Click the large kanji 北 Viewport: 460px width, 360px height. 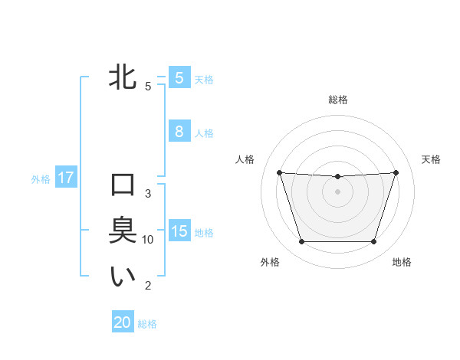pos(123,78)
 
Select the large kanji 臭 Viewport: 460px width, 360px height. pos(123,231)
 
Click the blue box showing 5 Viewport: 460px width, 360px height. pos(179,78)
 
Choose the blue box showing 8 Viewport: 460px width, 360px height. pos(179,132)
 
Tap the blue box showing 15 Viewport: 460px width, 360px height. pos(179,231)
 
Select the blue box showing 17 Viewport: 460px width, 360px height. pos(65,178)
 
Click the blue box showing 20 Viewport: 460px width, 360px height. pos(123,322)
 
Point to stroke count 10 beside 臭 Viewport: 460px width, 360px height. pos(148,240)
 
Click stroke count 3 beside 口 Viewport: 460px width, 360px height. pos(148,194)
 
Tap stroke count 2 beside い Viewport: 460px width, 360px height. pos(148,286)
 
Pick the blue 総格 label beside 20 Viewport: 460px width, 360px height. pos(147,324)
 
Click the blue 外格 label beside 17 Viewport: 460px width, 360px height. pos(41,179)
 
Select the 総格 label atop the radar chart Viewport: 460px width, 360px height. pos(337,100)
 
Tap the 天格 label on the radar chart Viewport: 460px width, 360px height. pos(432,159)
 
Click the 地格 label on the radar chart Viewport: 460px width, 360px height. pos(402,262)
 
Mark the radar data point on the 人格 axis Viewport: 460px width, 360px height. pos(279,172)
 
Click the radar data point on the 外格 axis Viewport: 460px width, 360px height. pos(301,242)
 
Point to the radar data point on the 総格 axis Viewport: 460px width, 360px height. pos(337,177)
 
